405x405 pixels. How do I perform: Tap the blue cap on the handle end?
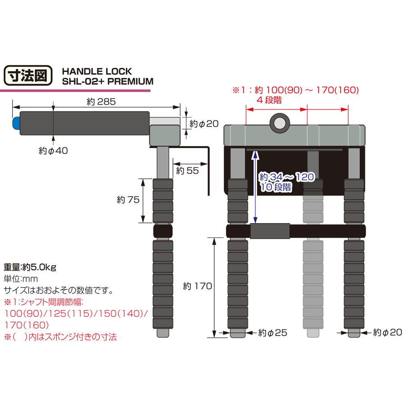click(15, 123)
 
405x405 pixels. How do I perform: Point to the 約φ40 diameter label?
click(54, 151)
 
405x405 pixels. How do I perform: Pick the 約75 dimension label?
click(127, 200)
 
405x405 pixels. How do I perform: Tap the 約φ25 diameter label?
click(272, 333)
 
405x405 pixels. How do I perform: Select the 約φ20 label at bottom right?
click(388, 333)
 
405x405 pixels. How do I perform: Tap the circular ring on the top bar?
click(279, 122)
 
